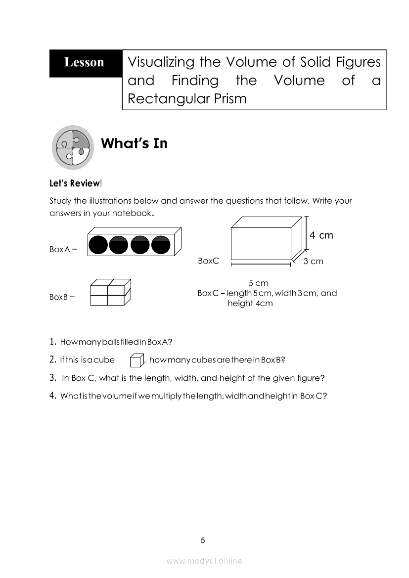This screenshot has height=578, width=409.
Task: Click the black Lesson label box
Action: coord(85,63)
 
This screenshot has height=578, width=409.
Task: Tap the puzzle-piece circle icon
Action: coord(73,147)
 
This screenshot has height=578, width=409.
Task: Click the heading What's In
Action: coord(134,143)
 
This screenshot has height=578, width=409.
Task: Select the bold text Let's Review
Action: coord(75,183)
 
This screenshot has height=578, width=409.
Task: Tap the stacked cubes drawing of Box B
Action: coord(111,292)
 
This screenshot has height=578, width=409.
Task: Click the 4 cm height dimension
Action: coord(321,235)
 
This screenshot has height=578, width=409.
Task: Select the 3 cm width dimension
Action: coord(314,261)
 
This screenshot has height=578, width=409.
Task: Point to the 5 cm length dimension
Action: coord(258,283)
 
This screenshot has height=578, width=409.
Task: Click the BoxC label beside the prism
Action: coord(208,261)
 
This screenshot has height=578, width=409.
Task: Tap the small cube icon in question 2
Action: coord(136,361)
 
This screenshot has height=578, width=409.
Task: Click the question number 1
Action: coord(52,342)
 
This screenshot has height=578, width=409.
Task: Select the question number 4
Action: coord(52,396)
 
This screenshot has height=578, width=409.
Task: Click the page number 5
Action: coord(203,540)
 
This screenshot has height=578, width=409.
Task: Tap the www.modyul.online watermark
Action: coord(204,561)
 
